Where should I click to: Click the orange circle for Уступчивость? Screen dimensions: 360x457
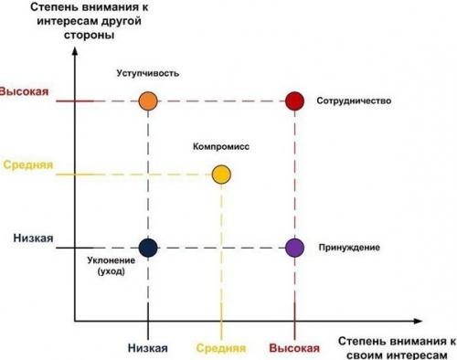pos(148,101)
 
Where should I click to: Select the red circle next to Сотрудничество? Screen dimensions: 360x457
pos(293,101)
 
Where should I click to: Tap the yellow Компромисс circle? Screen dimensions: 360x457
pos(221,174)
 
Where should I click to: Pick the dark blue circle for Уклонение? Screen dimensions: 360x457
pos(148,247)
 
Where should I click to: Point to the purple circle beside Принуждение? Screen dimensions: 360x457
pos(293,247)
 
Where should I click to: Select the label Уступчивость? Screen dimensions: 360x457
pos(147,72)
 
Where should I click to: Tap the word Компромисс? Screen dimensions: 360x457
pos(221,146)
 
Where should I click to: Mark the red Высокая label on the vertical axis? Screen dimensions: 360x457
pos(24,93)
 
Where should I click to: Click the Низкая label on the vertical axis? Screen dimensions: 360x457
pos(34,238)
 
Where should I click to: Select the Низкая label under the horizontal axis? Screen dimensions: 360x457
pos(147,348)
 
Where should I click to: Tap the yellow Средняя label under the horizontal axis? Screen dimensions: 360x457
pos(220,348)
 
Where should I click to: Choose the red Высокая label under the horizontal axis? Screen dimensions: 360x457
pos(293,348)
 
